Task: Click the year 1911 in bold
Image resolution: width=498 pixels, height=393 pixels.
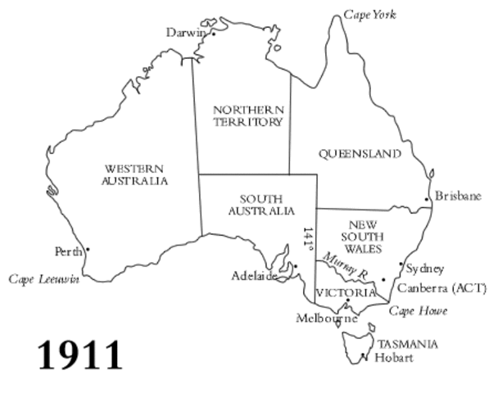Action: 80,355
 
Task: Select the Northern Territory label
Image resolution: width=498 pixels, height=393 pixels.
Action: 248,115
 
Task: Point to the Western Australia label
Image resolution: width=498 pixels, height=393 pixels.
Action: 135,174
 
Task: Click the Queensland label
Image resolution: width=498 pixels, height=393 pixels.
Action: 360,154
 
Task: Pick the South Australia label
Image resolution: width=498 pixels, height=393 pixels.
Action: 261,205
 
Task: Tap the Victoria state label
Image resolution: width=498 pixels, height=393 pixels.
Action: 345,292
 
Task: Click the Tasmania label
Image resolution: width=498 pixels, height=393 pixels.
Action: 407,344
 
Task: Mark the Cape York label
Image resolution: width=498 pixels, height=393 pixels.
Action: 369,15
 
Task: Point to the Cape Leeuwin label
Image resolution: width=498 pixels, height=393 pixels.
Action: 44,279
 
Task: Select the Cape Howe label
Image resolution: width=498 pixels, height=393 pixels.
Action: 418,311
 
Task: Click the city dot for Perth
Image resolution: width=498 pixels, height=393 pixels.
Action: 88,250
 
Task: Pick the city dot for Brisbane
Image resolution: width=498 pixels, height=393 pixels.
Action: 427,200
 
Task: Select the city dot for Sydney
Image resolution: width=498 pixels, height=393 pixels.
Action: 401,264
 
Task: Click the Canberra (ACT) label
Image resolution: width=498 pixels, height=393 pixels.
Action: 441,288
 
